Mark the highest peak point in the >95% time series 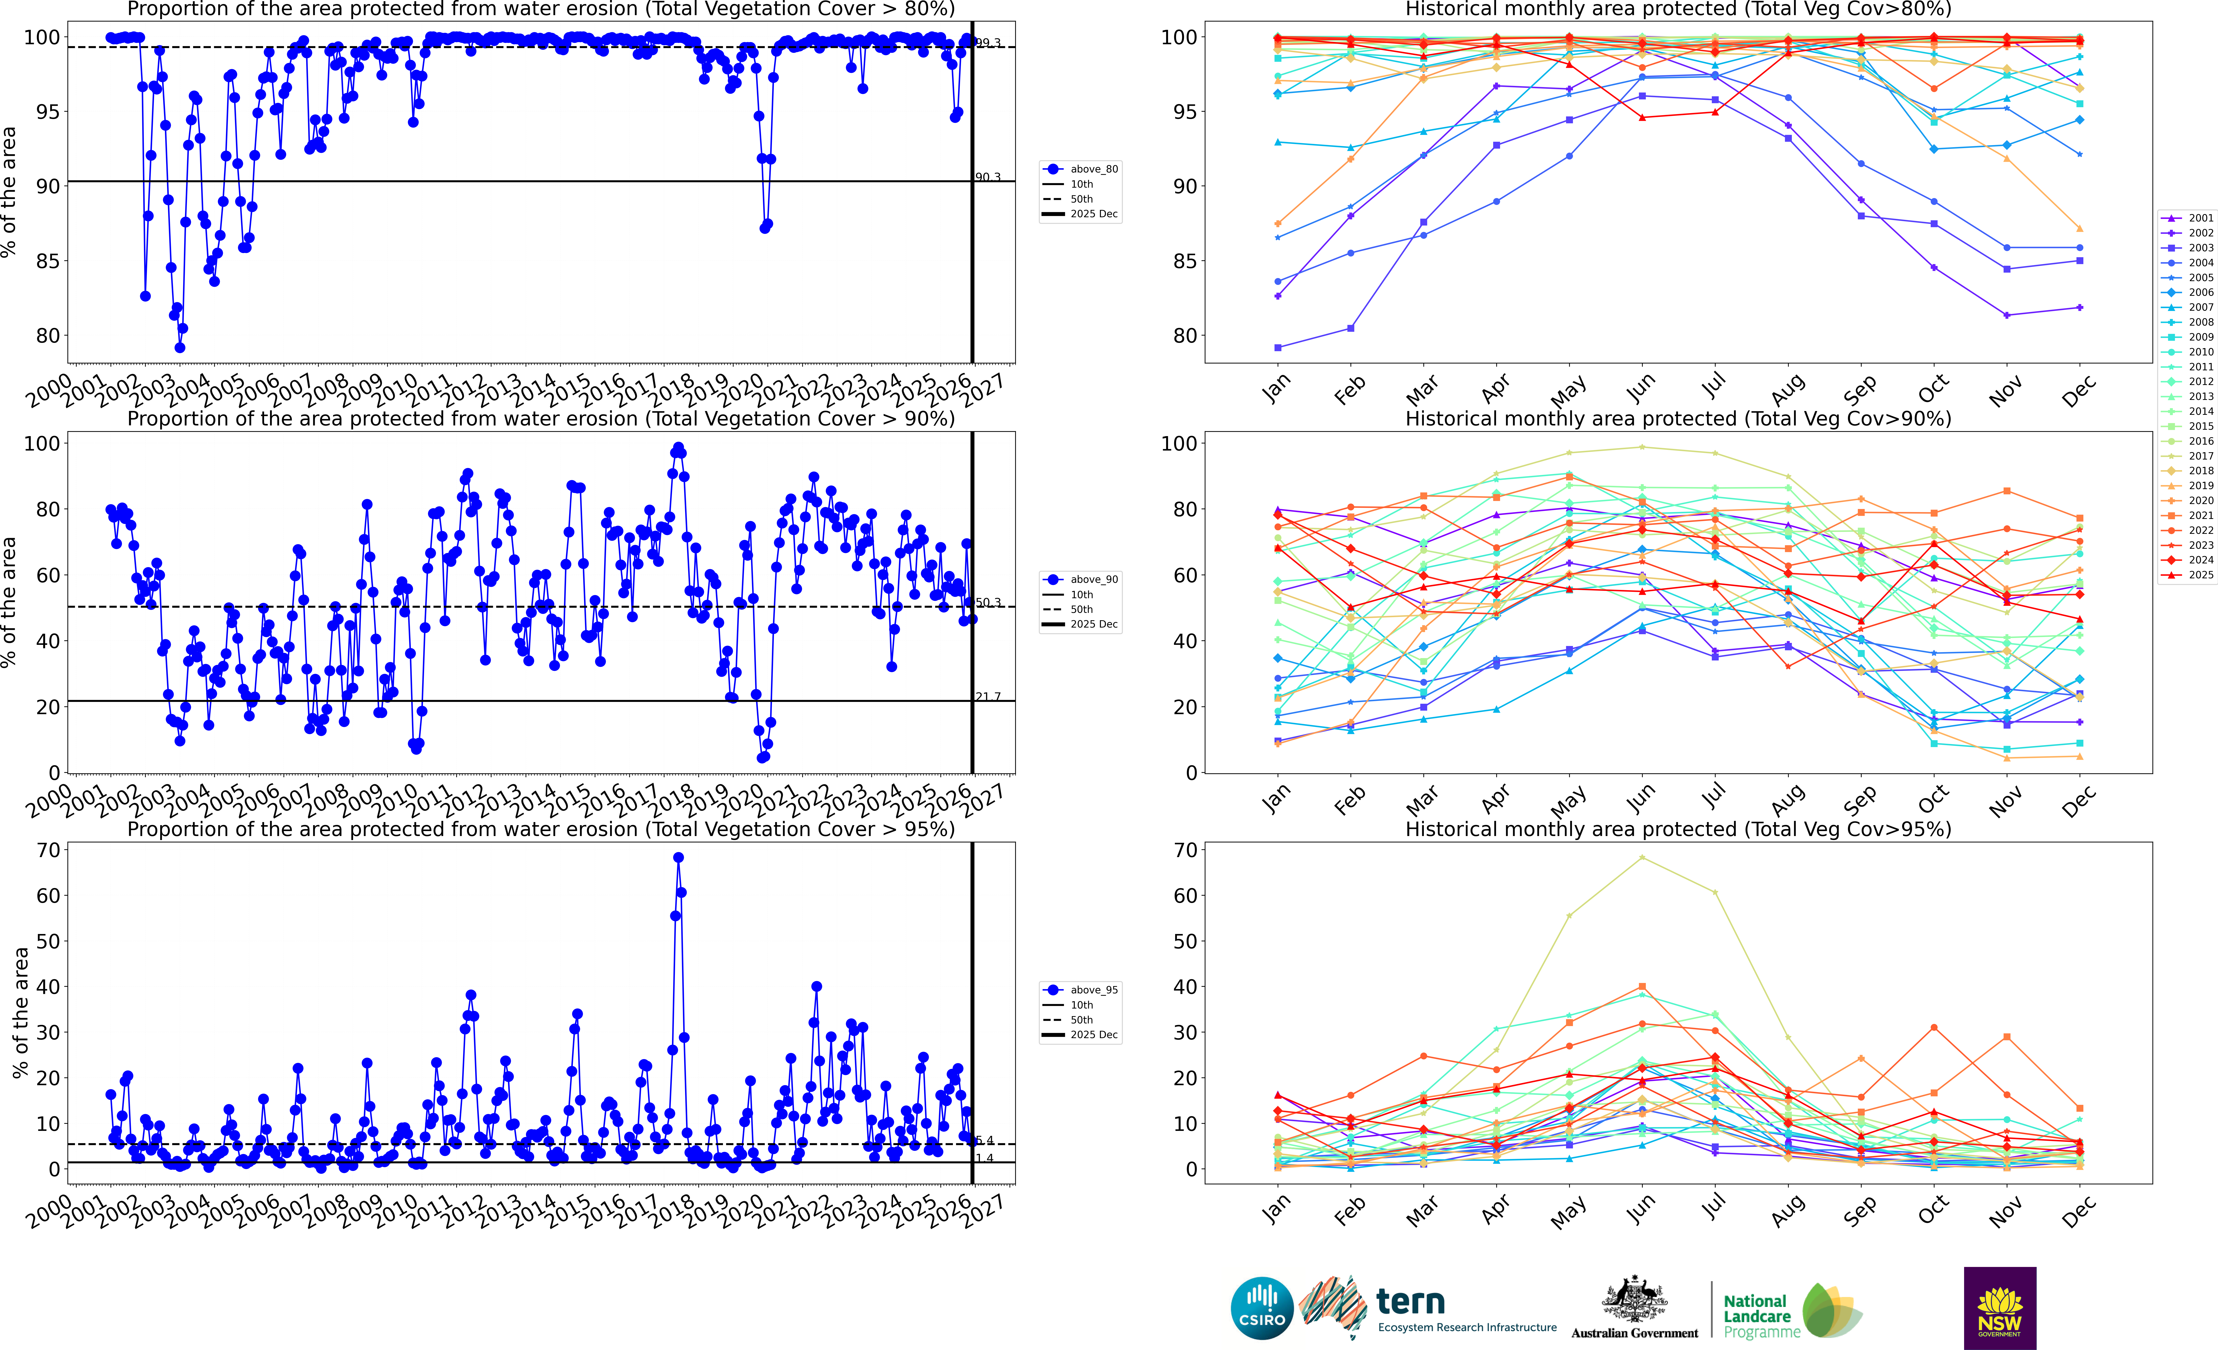(678, 858)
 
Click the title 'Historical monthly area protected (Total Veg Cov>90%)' (1678, 419)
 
